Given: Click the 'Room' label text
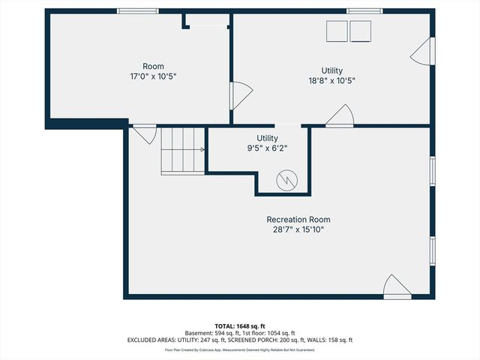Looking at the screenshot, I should click(153, 66).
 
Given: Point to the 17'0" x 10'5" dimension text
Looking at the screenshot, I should click(153, 76).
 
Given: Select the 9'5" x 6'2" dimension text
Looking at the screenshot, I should click(267, 148).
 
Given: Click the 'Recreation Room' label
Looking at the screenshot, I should click(298, 220).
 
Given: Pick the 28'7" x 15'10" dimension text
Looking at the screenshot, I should click(298, 230).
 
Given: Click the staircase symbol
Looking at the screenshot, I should click(182, 150).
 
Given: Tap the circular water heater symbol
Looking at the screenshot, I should click(288, 180).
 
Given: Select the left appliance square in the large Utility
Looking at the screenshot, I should click(336, 31).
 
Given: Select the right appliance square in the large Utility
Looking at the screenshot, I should click(361, 31).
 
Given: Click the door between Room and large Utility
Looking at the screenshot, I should click(240, 95).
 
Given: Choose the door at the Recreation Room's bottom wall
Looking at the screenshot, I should click(397, 287).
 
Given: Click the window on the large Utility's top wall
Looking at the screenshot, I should click(364, 11).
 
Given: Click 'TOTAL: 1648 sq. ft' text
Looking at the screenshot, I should click(239, 326).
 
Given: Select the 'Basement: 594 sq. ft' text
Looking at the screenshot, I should click(211, 333).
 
